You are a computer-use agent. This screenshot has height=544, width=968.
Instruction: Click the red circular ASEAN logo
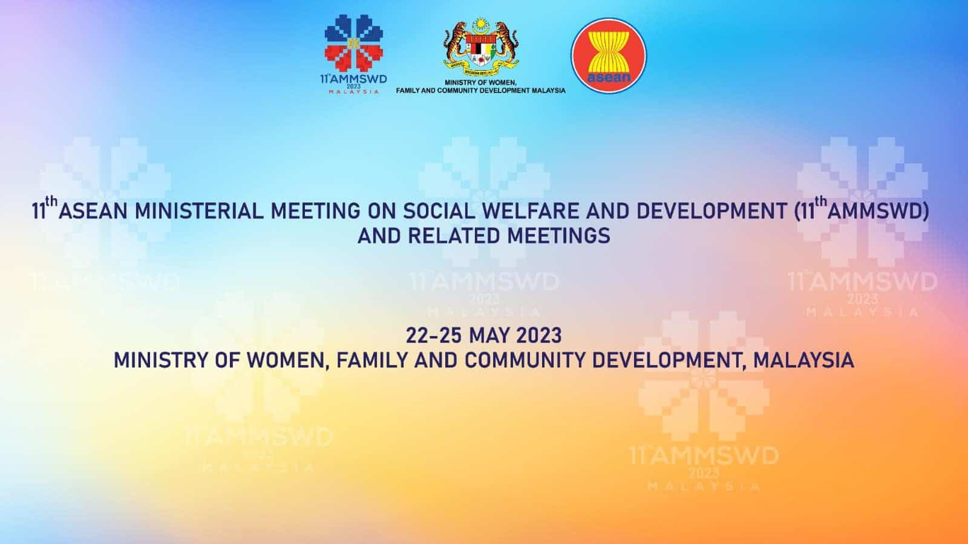(x=609, y=56)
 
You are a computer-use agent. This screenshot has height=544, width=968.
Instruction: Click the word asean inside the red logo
(x=609, y=77)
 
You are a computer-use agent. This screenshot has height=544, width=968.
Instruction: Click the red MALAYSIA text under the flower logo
(x=354, y=92)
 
